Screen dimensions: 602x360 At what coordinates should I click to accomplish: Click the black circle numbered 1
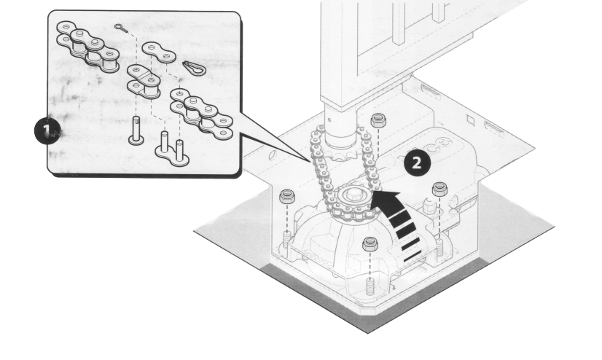[x=47, y=131]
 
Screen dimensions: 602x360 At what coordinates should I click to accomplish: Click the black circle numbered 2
[x=417, y=163]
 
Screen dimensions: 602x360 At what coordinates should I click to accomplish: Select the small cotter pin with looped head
[x=120, y=28]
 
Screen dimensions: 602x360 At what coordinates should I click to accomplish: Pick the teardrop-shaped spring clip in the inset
[x=195, y=68]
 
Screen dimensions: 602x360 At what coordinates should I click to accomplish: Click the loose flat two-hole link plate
[x=159, y=52]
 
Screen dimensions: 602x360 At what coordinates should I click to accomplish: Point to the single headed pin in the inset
[x=136, y=131]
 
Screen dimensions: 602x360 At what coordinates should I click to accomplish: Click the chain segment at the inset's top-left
[x=88, y=47]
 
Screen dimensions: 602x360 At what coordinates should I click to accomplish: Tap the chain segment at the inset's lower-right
[x=202, y=114]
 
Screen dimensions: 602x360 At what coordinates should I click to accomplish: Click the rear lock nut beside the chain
[x=378, y=120]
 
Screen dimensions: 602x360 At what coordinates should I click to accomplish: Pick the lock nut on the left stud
[x=287, y=197]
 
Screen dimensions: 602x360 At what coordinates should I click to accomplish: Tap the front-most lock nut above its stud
[x=370, y=244]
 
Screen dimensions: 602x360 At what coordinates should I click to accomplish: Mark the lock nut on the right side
[x=439, y=189]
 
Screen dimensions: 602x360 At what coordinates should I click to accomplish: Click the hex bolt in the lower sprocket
[x=352, y=195]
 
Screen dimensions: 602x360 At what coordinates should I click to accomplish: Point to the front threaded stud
[x=370, y=286]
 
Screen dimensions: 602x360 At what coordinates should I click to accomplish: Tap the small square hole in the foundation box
[x=471, y=120]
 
